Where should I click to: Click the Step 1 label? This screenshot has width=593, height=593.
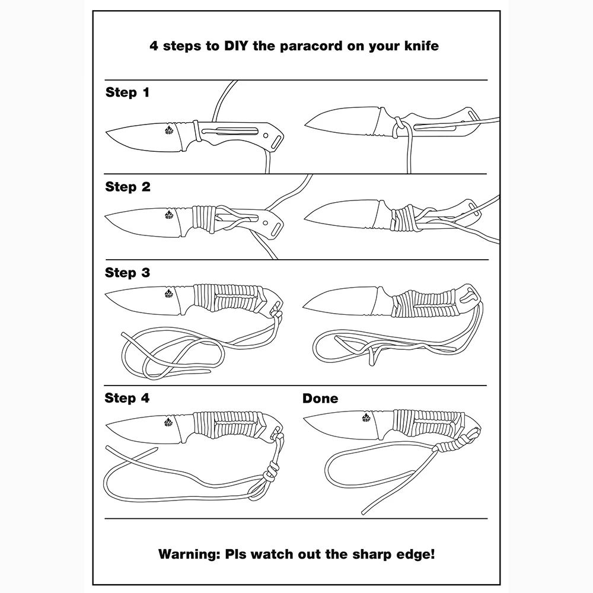click(127, 93)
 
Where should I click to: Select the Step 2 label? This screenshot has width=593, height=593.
click(127, 186)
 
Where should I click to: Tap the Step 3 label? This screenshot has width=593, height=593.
click(127, 272)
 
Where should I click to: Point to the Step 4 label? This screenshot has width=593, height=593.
click(127, 398)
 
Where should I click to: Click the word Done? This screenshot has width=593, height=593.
click(320, 398)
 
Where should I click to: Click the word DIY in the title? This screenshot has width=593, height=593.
click(237, 46)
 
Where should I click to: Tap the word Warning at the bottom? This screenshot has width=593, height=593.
click(189, 554)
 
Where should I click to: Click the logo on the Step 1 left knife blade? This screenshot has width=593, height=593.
click(168, 130)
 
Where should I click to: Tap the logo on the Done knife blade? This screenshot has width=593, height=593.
click(366, 418)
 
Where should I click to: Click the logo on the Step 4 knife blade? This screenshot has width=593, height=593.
click(168, 422)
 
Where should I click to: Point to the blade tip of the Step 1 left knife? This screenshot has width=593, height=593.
click(107, 132)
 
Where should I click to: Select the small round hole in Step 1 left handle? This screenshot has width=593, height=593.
click(266, 135)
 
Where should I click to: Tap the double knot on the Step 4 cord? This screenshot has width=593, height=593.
click(270, 473)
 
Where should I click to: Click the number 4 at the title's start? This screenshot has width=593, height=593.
click(154, 46)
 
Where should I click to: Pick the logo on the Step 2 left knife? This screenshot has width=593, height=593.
click(168, 215)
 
